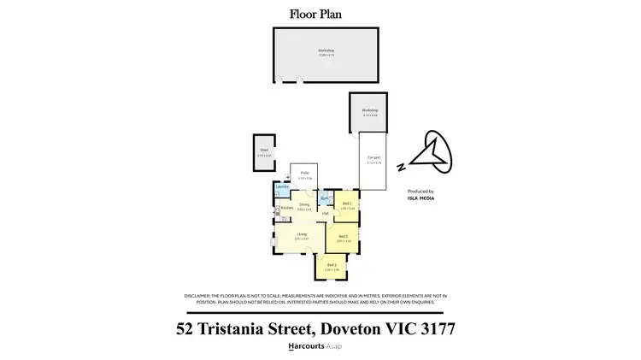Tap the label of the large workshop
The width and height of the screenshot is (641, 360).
pos(326,50)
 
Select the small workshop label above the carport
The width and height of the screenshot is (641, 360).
pos(369,111)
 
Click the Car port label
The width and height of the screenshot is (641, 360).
pos(373,158)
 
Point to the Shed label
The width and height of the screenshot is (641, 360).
pos(264,150)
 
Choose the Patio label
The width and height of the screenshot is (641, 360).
pos(304,173)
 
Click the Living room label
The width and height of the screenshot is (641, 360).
pos(302,234)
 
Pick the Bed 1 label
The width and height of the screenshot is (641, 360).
pos(347,204)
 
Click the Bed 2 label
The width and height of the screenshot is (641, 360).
pos(344,237)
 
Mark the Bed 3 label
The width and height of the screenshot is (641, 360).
pos(332,265)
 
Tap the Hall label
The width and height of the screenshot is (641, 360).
pos(326,213)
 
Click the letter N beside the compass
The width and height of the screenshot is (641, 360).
pos(402,168)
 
